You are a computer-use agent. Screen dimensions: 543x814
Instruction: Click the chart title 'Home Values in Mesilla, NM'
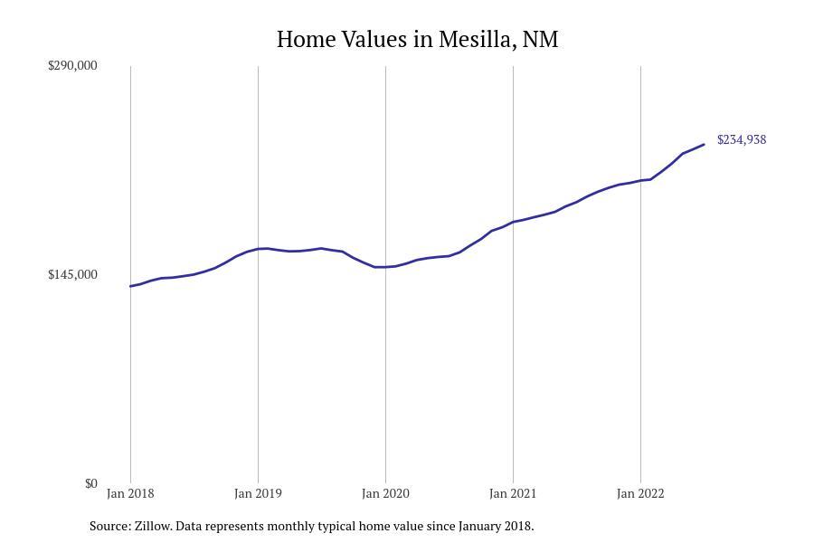[417, 40]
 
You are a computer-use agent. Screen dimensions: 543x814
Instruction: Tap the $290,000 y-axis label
[72, 66]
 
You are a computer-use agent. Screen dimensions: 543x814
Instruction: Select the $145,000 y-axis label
[72, 274]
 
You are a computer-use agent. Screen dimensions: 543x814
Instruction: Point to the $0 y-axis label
[90, 483]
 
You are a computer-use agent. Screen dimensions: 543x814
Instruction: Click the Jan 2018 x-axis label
[130, 493]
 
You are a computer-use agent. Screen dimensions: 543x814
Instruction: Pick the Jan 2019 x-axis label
[258, 493]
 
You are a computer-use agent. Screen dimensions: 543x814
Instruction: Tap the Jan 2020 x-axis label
[385, 493]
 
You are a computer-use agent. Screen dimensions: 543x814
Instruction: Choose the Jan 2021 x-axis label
[513, 493]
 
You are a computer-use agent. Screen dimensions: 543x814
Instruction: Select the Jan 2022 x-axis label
[640, 493]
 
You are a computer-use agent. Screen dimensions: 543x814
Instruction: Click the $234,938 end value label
[741, 139]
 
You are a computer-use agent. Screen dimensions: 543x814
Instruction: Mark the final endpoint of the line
[704, 145]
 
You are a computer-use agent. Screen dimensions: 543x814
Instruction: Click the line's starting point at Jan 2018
[130, 286]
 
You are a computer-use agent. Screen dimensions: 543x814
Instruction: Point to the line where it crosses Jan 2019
[258, 248]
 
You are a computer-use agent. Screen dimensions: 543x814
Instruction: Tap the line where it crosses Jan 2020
[385, 267]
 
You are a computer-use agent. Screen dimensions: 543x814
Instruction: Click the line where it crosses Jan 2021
[513, 222]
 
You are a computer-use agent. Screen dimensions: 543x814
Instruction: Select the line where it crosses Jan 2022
[640, 180]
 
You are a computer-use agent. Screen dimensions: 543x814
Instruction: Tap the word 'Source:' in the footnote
[109, 526]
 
